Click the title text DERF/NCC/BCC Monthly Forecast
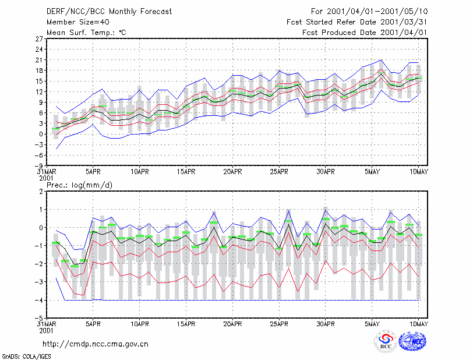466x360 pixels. pyautogui.click(x=109, y=12)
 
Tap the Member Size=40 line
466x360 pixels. pyautogui.click(x=78, y=22)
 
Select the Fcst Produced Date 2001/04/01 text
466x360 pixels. pyautogui.click(x=365, y=33)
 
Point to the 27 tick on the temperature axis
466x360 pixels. pyautogui.click(x=39, y=39)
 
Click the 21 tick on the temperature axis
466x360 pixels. pyautogui.click(x=39, y=60)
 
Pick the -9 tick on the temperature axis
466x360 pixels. pyautogui.click(x=38, y=165)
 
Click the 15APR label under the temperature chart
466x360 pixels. pyautogui.click(x=186, y=172)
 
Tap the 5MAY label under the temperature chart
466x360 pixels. pyautogui.click(x=372, y=172)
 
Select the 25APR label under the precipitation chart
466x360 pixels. pyautogui.click(x=279, y=324)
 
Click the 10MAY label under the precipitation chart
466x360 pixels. pyautogui.click(x=418, y=324)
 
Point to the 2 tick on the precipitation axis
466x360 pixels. pyautogui.click(x=41, y=192)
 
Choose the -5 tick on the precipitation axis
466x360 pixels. pyautogui.click(x=39, y=319)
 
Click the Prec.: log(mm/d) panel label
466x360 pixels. pyautogui.click(x=80, y=185)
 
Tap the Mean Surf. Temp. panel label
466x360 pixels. pyautogui.click(x=86, y=33)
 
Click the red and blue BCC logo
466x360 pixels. pyautogui.click(x=386, y=342)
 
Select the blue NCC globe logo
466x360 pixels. pyautogui.click(x=412, y=341)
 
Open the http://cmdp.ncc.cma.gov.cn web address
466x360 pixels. pyautogui.click(x=96, y=344)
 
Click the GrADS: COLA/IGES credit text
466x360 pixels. pyautogui.click(x=26, y=357)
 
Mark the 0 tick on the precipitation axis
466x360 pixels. pyautogui.click(x=41, y=228)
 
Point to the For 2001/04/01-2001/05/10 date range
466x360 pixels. pyautogui.click(x=369, y=12)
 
